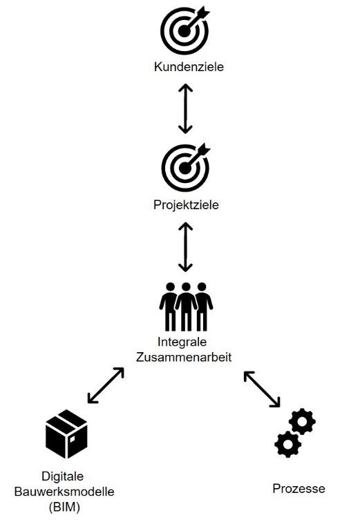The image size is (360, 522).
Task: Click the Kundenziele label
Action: point(189,66)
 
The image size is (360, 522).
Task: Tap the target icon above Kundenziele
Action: point(184,31)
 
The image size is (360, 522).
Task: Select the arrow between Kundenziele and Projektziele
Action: point(185,108)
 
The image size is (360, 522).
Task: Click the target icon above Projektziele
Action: point(185,168)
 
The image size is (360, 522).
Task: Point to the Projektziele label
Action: point(186,205)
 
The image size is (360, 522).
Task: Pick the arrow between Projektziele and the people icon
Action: point(185,247)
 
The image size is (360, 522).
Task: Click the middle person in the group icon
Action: point(186,307)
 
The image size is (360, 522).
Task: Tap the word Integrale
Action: point(182,342)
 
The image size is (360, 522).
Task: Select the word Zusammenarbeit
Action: point(184,357)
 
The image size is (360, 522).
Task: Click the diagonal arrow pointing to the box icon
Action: point(106,385)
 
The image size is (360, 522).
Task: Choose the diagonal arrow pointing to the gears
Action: point(262,389)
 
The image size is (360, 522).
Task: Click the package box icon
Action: point(66,434)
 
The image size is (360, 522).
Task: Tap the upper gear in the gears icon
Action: point(302,421)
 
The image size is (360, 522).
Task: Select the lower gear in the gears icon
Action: point(287,444)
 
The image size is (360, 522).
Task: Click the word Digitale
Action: point(63,476)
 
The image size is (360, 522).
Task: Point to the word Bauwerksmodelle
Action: point(64,492)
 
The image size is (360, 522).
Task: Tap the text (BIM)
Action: point(64,507)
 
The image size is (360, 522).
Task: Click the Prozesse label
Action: point(299,489)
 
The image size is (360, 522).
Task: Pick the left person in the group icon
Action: point(169,307)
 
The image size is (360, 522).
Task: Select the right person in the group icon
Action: point(203,307)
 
